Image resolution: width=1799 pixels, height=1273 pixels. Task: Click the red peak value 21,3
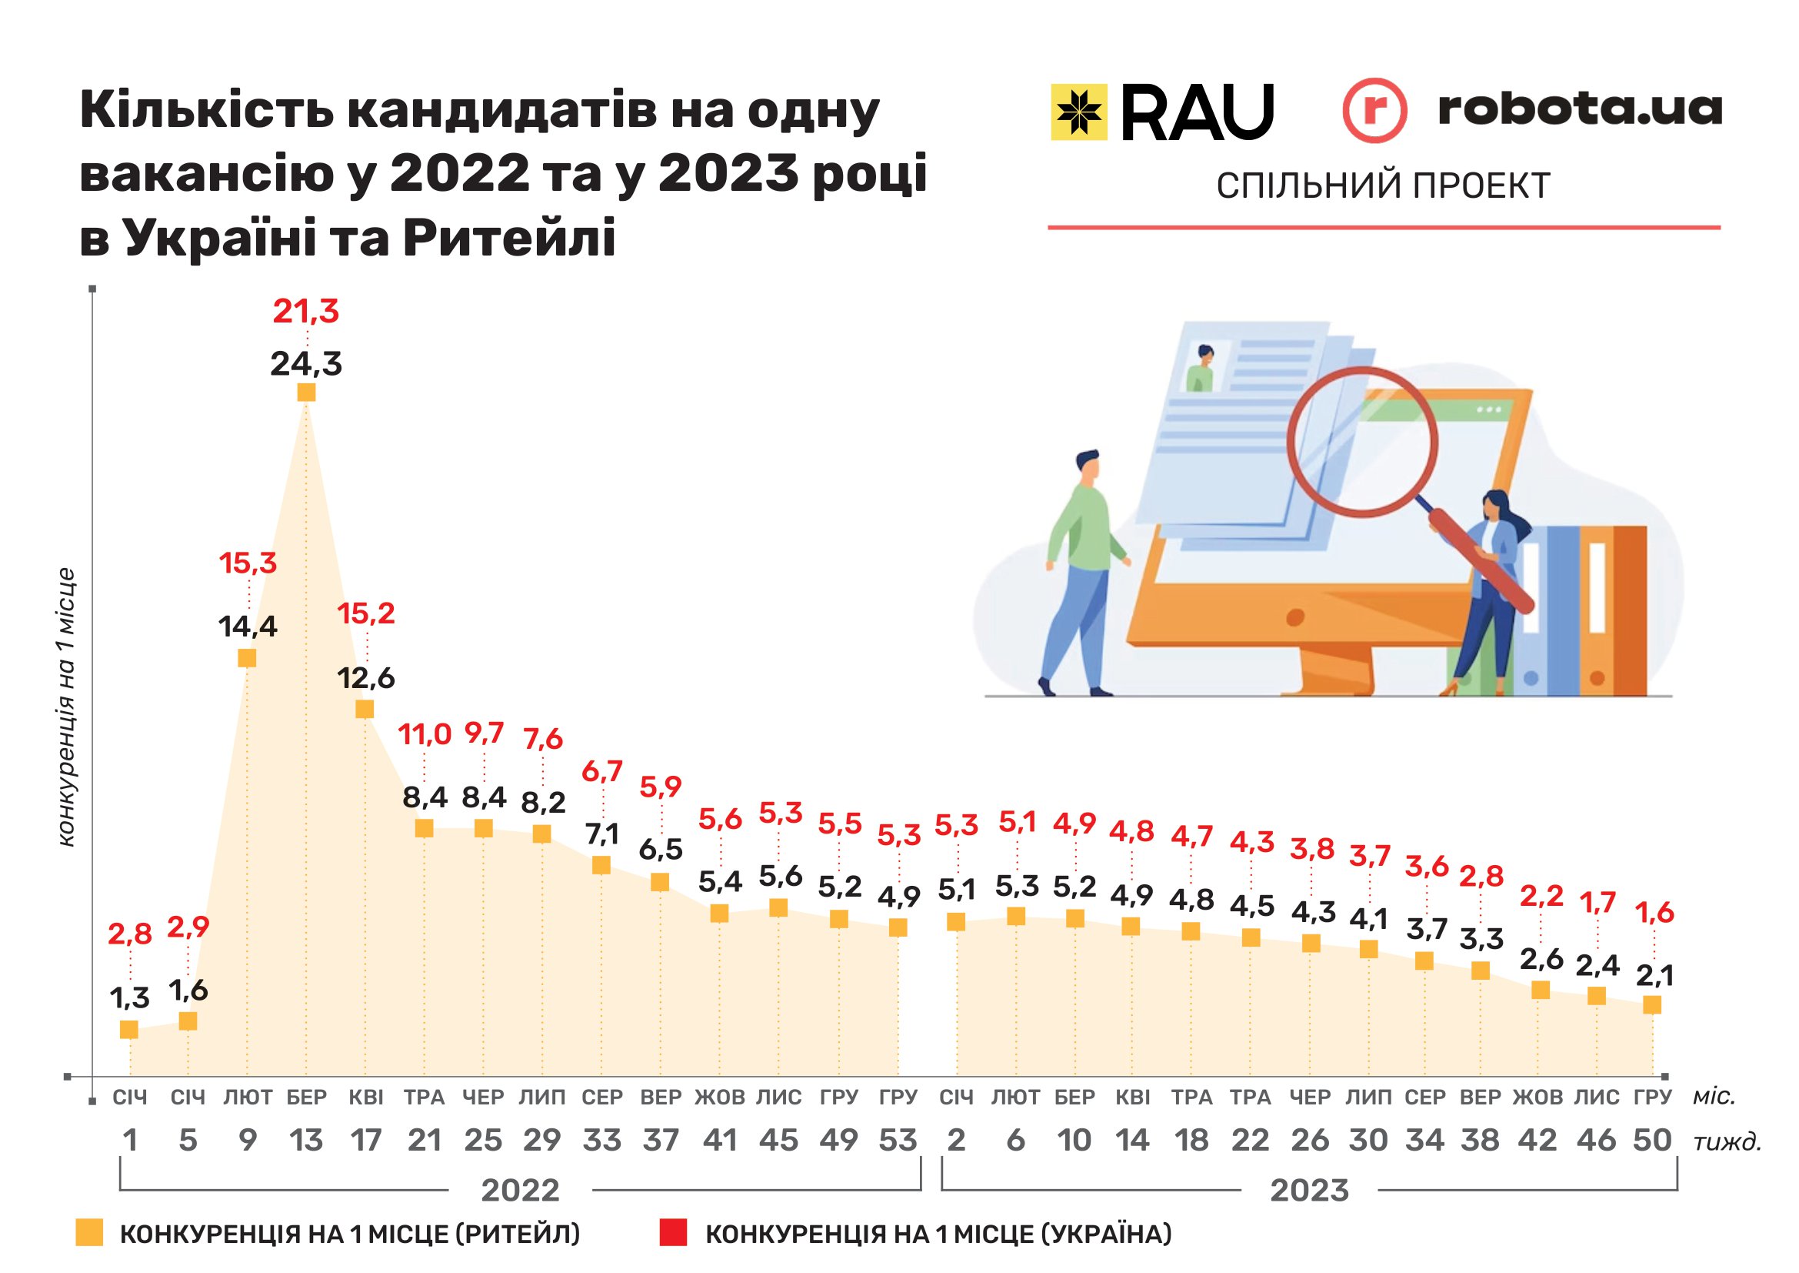coord(305,312)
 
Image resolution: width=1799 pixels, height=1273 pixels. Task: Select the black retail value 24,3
coord(305,365)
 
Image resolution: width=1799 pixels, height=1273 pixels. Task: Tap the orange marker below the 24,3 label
coord(306,392)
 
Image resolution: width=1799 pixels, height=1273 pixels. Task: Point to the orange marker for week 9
coord(247,657)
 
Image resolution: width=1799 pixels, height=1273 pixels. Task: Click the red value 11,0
coord(425,735)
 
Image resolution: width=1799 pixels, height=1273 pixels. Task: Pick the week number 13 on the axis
coord(305,1141)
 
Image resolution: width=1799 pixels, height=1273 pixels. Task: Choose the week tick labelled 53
coord(898,1141)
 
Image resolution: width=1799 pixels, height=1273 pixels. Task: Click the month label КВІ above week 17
coord(365,1098)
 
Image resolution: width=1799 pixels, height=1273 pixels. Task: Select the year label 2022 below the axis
coord(520,1191)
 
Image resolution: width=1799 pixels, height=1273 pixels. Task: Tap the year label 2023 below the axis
coord(1309,1191)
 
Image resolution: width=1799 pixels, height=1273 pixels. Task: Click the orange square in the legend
coord(89,1233)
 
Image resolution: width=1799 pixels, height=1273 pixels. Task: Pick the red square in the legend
coord(673,1233)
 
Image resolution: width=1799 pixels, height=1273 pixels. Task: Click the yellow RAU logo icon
coord(1079,112)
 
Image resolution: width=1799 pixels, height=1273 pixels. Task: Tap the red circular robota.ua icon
coord(1374,110)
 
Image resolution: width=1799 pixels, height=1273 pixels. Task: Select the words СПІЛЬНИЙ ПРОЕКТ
coord(1383,186)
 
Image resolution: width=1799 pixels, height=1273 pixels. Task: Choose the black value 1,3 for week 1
coord(129,999)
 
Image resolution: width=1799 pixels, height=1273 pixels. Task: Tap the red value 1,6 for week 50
coord(1655,914)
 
